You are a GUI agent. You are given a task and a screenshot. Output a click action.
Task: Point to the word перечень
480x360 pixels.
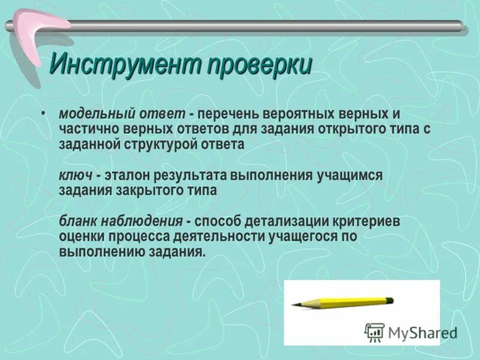pos(228,114)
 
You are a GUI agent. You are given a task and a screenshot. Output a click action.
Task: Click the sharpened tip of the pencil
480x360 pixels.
pos(294,305)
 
